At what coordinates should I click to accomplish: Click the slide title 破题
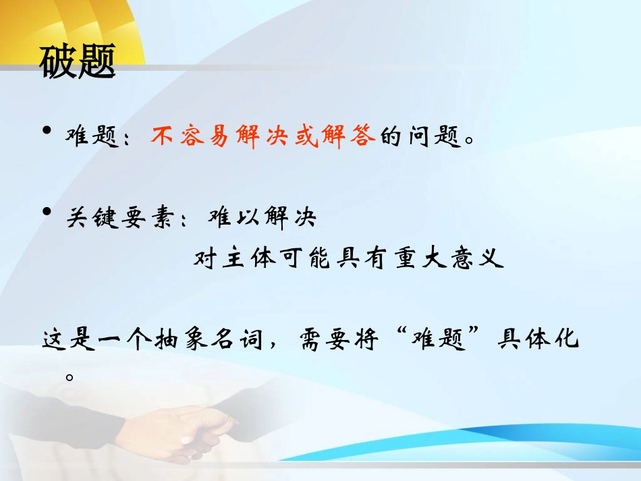click(78, 61)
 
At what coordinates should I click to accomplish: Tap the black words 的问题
click(420, 138)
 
